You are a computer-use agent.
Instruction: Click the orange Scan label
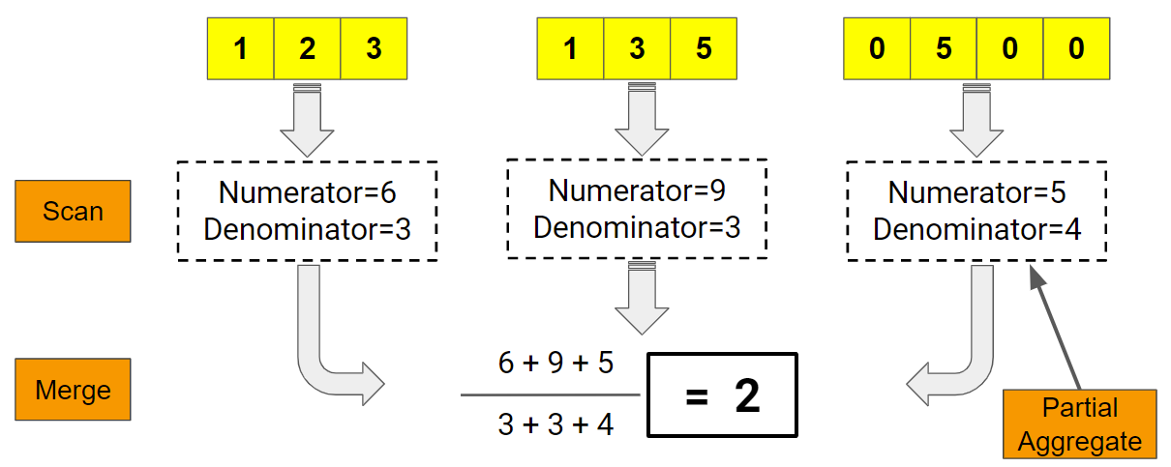click(x=73, y=211)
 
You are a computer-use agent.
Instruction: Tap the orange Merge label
click(x=73, y=390)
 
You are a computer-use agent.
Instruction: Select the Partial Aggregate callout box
click(x=1079, y=423)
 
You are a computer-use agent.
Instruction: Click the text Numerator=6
click(x=307, y=192)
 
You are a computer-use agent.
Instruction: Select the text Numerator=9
click(x=637, y=190)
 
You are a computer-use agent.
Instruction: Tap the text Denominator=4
click(x=976, y=230)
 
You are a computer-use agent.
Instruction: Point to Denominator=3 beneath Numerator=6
click(x=307, y=230)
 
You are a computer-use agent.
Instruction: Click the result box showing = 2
click(x=721, y=396)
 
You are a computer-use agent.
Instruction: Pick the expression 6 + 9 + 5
click(x=555, y=364)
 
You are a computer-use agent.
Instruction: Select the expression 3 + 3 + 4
click(x=555, y=423)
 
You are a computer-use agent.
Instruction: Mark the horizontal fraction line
click(x=550, y=394)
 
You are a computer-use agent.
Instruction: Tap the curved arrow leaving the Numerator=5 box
click(x=958, y=358)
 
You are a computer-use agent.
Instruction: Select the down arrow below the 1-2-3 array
click(x=307, y=121)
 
